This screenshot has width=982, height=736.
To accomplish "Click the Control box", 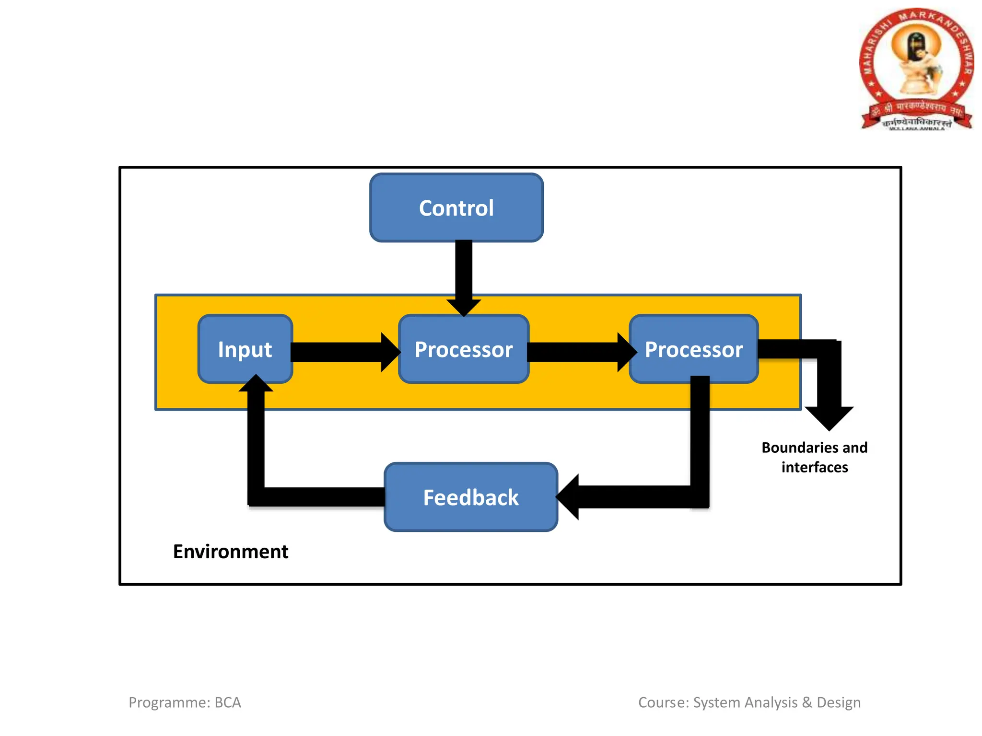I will tap(456, 208).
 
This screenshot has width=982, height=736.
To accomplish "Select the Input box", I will tap(245, 349).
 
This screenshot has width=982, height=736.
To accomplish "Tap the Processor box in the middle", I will tap(464, 349).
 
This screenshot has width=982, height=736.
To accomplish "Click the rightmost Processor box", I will tap(693, 349).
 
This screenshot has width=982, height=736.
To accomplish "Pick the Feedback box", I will tap(471, 497).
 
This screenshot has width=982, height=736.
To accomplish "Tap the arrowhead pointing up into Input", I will tap(256, 384).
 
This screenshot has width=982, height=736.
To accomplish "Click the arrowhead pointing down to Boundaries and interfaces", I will tap(829, 417).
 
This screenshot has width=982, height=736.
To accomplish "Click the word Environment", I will tap(231, 552).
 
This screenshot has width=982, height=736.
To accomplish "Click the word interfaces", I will tap(815, 467).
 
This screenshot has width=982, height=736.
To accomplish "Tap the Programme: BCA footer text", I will tap(185, 702).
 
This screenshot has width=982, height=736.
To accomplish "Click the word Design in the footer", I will tap(839, 702).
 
